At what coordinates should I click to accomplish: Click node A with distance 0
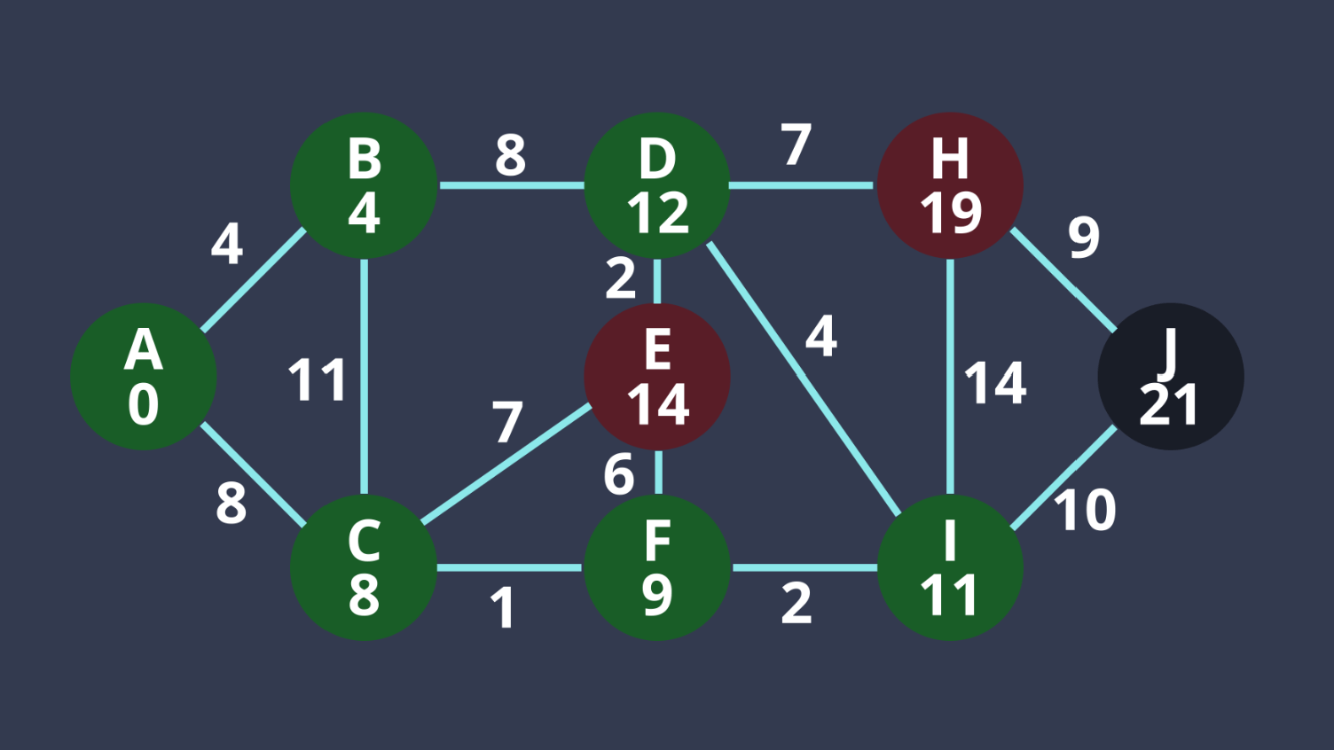point(144,377)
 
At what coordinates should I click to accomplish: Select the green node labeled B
point(364,185)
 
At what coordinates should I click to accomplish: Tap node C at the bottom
point(364,567)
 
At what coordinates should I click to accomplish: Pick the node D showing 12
point(657,185)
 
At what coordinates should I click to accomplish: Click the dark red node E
point(657,377)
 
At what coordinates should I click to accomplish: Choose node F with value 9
point(657,567)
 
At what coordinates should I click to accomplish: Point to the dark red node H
point(950,185)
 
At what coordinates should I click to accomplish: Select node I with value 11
point(950,567)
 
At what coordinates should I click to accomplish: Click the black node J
point(1171,377)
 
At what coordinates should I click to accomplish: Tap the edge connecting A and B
point(255,280)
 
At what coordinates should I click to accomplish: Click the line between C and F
point(510,567)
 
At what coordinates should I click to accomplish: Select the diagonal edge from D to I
point(804,377)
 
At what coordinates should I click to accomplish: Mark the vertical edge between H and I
point(950,377)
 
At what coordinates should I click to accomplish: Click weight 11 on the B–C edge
point(317,380)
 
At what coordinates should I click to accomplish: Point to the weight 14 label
point(995,383)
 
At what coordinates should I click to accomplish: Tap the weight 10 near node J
point(1085,510)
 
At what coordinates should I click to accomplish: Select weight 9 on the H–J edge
point(1084,237)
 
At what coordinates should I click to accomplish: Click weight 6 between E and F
point(619,474)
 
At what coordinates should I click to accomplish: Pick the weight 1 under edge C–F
point(503,608)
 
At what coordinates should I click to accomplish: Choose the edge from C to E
point(506,465)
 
